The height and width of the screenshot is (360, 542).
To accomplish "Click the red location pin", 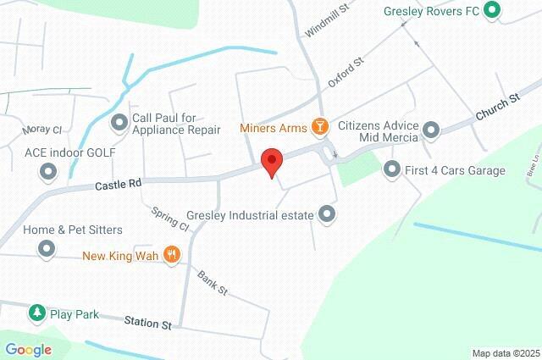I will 271,161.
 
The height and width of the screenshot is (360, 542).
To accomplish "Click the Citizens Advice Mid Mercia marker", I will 431,130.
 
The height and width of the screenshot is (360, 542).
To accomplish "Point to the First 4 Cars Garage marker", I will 391,170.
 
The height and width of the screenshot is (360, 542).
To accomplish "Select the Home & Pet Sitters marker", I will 46,249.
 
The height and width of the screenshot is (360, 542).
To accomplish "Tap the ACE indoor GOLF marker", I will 46,171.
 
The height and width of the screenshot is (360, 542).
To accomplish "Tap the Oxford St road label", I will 346,72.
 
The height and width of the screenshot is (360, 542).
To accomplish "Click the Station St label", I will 148,323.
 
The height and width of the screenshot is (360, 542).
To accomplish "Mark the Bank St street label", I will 213,283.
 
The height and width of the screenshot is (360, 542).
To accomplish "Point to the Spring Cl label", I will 171,219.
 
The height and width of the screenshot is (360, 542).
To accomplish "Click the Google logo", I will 28,349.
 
